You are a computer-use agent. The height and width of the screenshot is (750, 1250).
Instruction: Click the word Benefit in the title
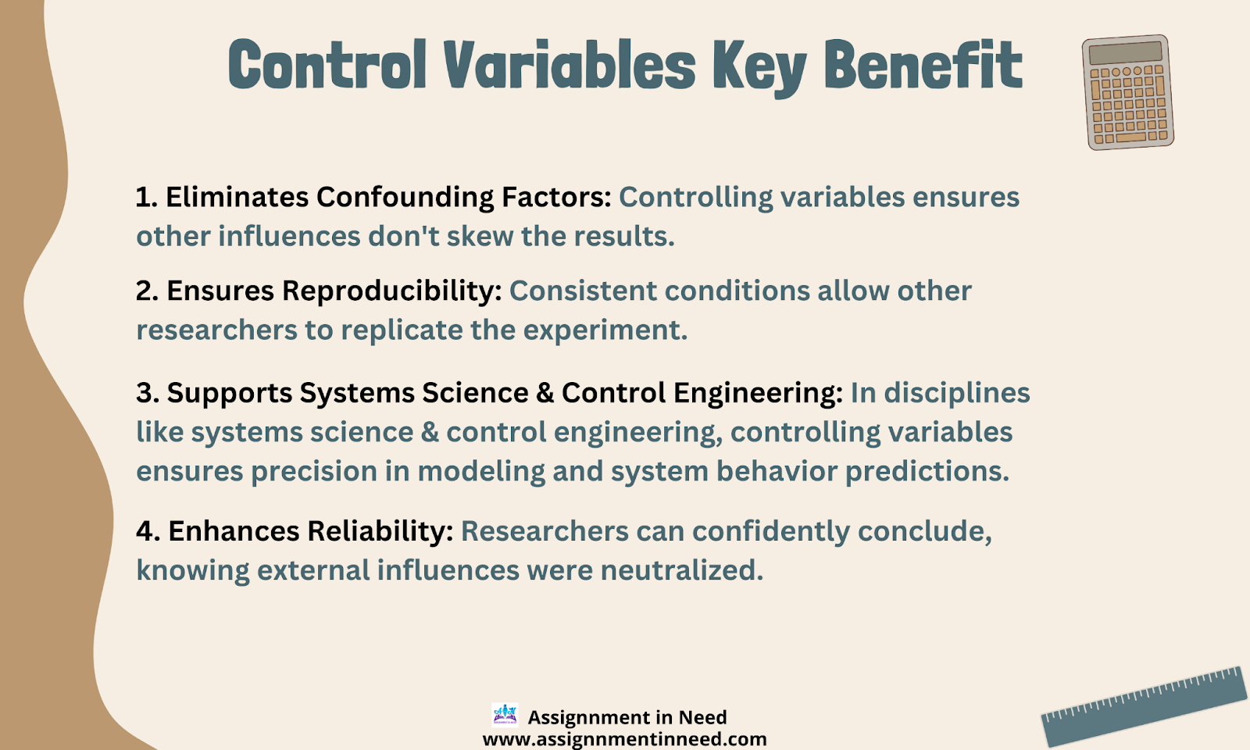[x=923, y=64]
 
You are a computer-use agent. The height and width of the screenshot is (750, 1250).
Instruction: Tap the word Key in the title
[x=759, y=68]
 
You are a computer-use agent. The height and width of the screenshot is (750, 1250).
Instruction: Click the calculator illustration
[x=1128, y=92]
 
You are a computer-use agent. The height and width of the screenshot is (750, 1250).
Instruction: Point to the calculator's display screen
[x=1125, y=52]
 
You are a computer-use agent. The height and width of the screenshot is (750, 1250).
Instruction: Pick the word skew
[x=480, y=236]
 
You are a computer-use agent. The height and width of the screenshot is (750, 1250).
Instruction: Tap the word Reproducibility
[x=391, y=291]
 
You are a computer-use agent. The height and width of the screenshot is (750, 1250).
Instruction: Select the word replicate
[x=402, y=330]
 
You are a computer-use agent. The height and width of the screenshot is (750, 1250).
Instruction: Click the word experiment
[x=605, y=330]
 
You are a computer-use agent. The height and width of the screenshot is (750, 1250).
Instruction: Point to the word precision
[x=314, y=472]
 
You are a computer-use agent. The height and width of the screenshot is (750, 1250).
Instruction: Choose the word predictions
[x=927, y=472]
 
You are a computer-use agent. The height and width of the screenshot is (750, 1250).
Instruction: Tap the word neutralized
[x=682, y=570]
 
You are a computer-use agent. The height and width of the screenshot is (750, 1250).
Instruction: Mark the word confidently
[x=771, y=531]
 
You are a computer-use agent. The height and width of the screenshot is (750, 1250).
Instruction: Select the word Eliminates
[x=237, y=198]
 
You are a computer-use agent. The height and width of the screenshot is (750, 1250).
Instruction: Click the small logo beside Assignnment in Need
[x=505, y=715]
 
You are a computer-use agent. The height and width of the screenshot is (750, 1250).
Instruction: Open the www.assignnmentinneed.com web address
[x=624, y=739]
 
